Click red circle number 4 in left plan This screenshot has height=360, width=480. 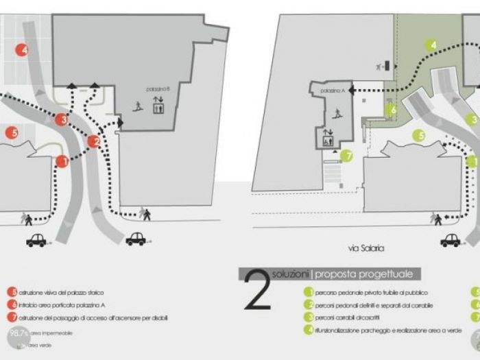[x=23, y=50]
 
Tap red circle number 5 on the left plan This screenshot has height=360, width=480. [x=12, y=132]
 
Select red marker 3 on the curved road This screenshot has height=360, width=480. [x=62, y=120]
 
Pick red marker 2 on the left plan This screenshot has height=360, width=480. [x=94, y=143]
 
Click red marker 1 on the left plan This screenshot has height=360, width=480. [x=62, y=162]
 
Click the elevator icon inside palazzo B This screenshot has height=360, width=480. [x=157, y=106]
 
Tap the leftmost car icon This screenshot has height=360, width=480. [x=36, y=240]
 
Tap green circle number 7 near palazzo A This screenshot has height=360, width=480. [x=347, y=156]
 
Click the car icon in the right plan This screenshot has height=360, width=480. [x=451, y=240]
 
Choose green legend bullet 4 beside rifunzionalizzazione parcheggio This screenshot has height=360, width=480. [x=309, y=331]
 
